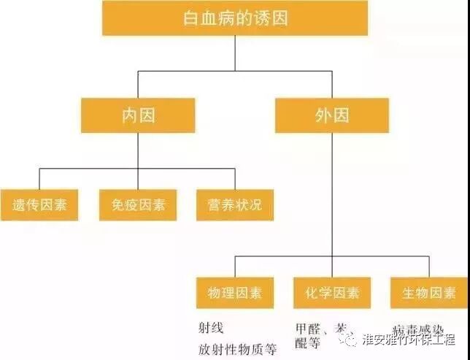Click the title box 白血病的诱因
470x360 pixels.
(234, 18)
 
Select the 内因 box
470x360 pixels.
(138, 115)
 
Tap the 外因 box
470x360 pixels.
(332, 115)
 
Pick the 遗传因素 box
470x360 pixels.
(39, 205)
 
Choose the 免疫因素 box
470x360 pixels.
(138, 205)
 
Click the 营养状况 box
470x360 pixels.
(235, 205)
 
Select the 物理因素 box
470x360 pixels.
(235, 294)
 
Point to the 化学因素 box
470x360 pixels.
(332, 294)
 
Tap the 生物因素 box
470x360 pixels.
(429, 294)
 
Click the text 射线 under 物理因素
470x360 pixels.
(211, 328)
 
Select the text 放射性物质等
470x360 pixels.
(237, 349)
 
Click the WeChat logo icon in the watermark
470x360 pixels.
(353, 339)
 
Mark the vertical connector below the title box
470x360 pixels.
(235, 53)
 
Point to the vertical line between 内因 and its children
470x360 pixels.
(138, 150)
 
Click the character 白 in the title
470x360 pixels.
(192, 18)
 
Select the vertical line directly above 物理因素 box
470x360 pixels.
(235, 267)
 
